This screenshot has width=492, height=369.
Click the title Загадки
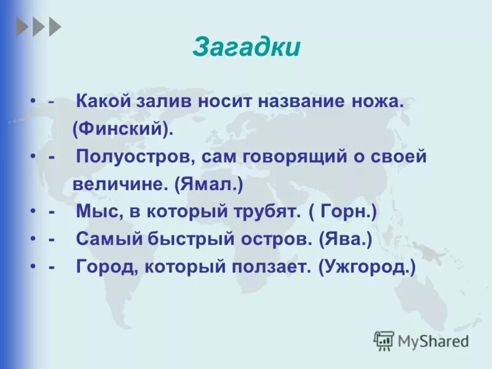coord(247,48)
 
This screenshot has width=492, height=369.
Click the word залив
coord(163,102)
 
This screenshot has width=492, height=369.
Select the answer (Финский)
coord(123,129)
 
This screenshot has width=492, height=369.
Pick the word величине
coord(121,183)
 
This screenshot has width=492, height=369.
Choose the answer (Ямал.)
coord(208,183)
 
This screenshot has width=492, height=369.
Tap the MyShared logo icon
coord(384,340)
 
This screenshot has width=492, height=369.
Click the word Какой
coord(101,102)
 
